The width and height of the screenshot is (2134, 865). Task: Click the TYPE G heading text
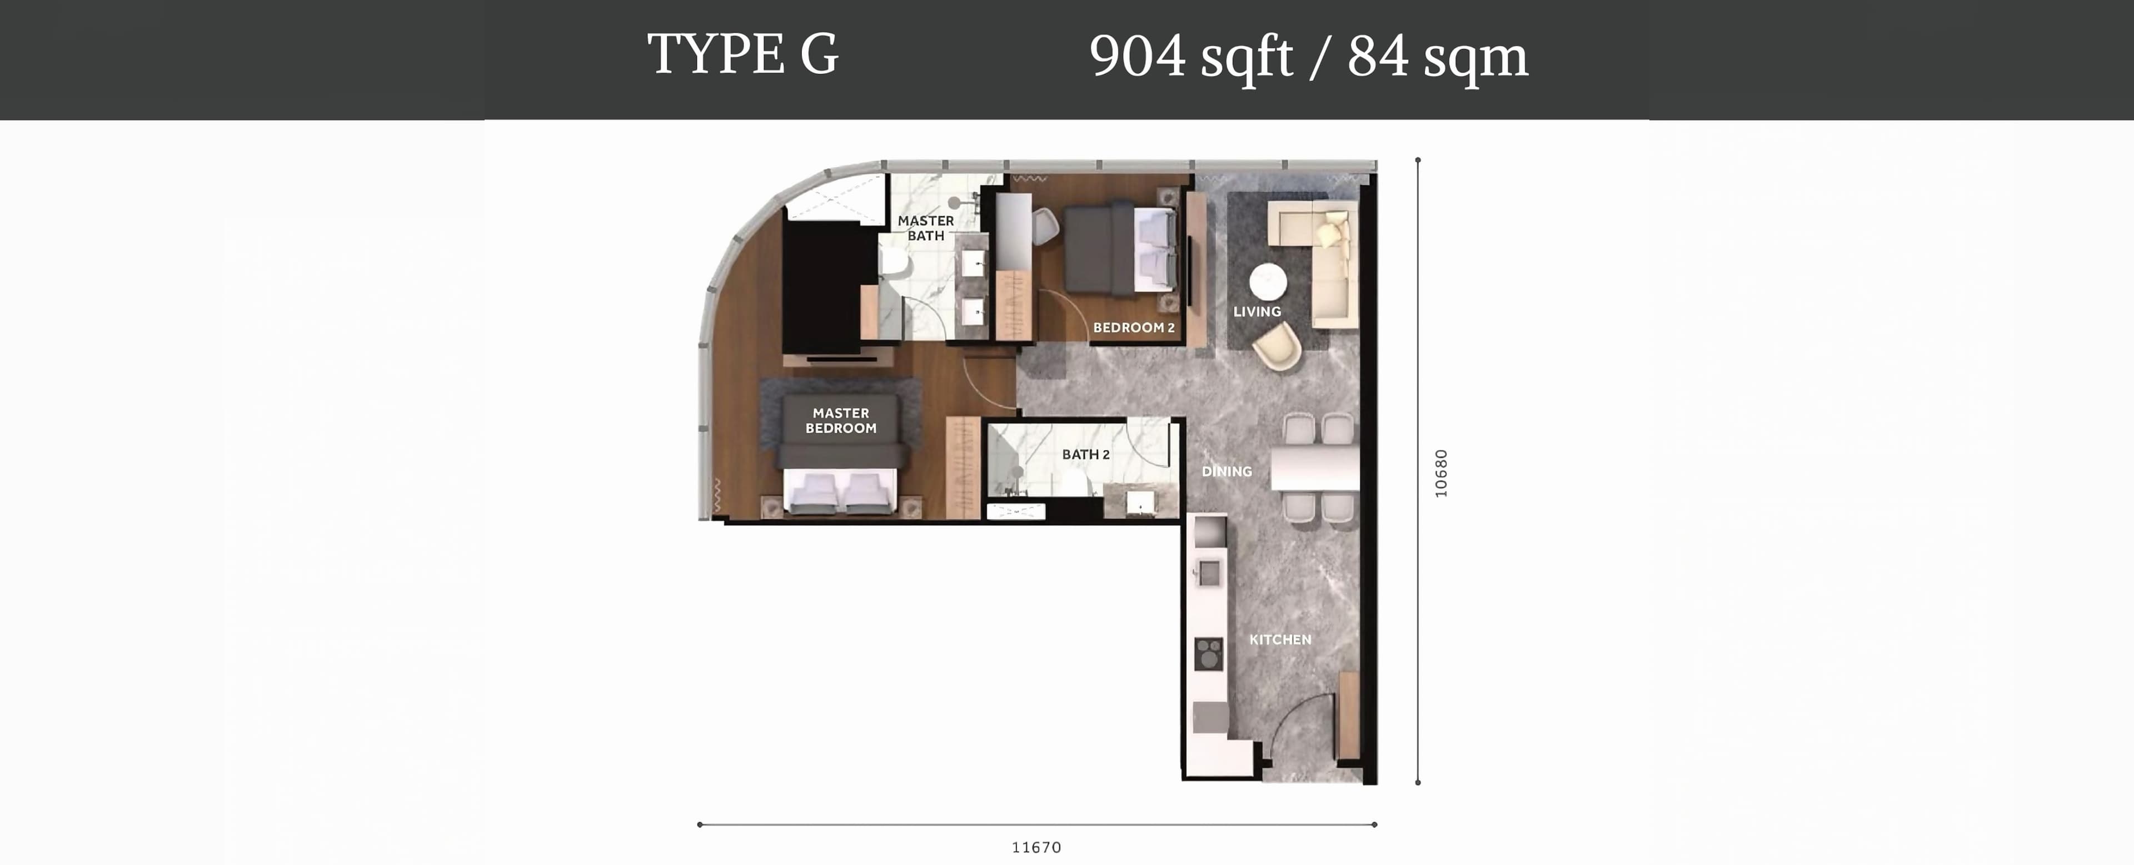click(743, 54)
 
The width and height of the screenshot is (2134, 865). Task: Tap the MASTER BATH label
click(925, 228)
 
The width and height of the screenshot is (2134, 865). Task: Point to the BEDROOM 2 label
click(1133, 327)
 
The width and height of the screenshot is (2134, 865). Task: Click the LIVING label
click(1257, 311)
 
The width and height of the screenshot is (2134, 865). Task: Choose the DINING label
click(1227, 471)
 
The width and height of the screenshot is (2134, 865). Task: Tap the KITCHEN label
click(1280, 640)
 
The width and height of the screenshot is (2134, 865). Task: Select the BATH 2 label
click(1085, 454)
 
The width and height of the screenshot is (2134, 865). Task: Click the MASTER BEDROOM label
click(841, 420)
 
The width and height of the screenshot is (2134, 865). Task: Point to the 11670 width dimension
click(1036, 847)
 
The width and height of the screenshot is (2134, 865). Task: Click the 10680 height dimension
click(1442, 473)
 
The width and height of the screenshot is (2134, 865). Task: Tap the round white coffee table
click(1268, 282)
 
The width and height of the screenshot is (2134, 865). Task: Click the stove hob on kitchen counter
click(1209, 654)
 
